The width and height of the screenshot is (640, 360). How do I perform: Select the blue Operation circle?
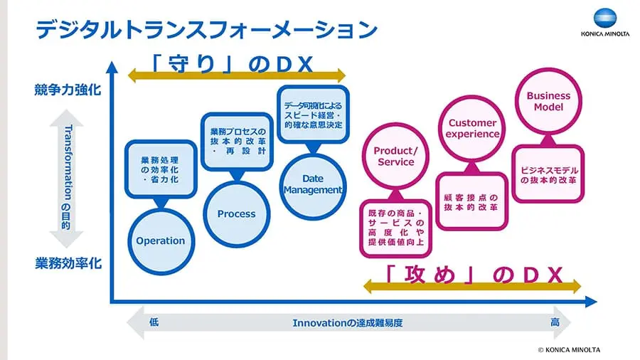160,240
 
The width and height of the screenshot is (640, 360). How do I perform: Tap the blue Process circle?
236,213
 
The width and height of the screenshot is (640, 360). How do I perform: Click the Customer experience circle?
473,128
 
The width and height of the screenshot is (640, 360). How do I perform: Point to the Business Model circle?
548,101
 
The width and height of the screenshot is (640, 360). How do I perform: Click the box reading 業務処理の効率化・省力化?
159,169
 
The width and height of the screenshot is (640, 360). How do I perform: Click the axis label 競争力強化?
68,90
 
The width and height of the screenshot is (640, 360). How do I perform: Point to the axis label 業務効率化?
68,263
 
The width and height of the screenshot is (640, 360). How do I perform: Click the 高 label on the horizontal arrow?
554,322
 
